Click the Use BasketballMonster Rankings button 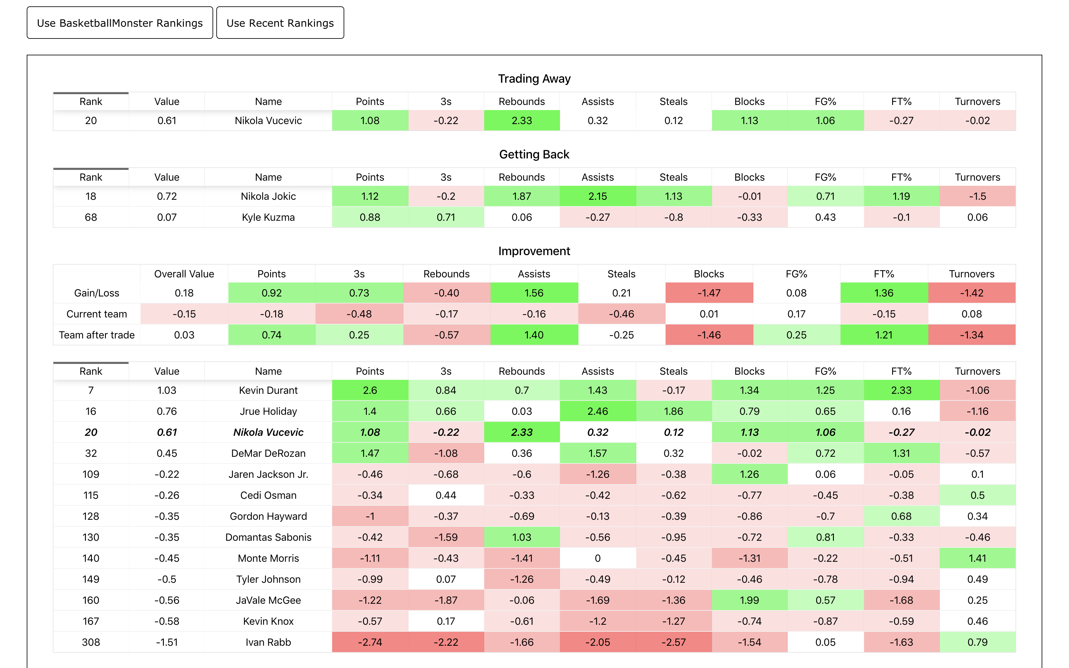(x=120, y=23)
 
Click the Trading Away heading (x=534, y=79)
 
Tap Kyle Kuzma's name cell (x=268, y=217)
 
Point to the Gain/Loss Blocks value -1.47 (x=709, y=293)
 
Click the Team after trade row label (x=97, y=335)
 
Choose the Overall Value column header (x=184, y=274)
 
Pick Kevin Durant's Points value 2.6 (x=370, y=390)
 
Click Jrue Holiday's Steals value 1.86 (x=673, y=411)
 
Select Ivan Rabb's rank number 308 (x=91, y=642)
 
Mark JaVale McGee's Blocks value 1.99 (x=749, y=600)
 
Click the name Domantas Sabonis (x=268, y=537)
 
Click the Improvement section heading (x=534, y=251)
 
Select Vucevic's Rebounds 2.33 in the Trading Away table (x=522, y=121)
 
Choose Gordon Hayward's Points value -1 (x=370, y=516)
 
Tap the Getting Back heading (x=534, y=155)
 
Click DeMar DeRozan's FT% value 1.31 (x=901, y=453)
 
